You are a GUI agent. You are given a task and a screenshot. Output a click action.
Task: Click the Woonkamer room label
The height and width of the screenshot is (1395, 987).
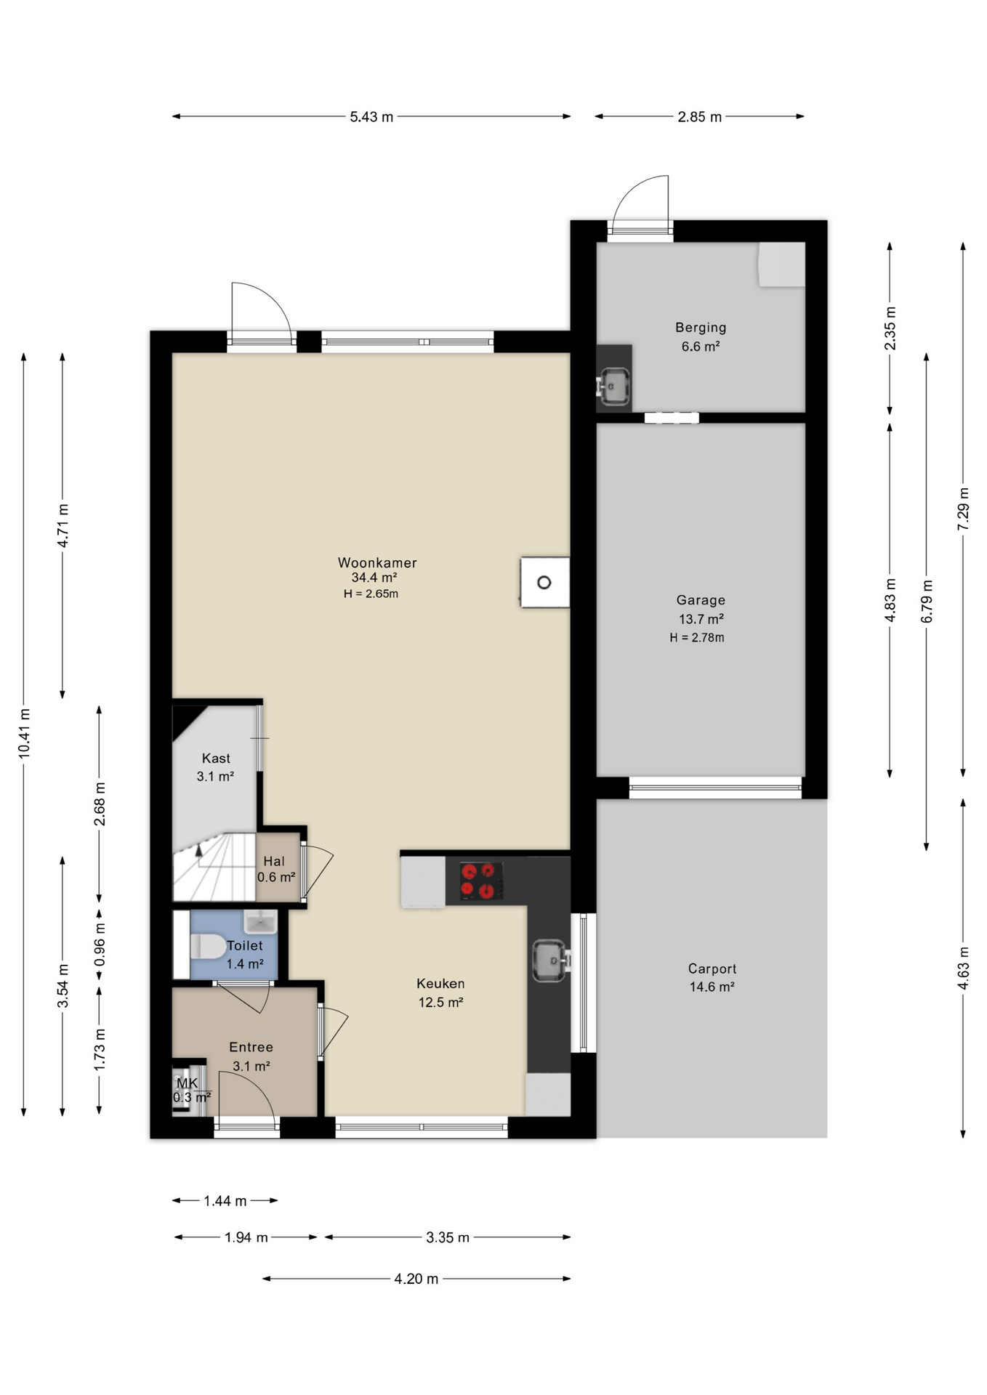[377, 562]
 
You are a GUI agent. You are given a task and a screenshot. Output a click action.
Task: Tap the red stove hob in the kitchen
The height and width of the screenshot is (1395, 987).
[481, 881]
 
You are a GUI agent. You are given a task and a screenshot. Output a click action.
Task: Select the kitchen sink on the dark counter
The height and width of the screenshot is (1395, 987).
[550, 961]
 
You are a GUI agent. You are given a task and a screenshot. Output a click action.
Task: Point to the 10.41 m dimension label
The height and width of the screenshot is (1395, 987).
[25, 734]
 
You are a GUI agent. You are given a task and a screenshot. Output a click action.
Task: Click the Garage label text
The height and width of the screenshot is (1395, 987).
[701, 600]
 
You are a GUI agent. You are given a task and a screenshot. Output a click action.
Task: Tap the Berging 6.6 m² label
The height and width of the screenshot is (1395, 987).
[701, 337]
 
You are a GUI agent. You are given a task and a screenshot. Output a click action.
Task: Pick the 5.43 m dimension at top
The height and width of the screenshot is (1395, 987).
[371, 117]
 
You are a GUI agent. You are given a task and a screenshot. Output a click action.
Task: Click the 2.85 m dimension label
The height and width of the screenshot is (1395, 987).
[700, 117]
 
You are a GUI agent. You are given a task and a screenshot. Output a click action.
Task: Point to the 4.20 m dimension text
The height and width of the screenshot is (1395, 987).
[416, 1279]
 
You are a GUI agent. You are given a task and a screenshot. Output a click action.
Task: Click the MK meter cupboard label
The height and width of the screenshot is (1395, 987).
[188, 1083]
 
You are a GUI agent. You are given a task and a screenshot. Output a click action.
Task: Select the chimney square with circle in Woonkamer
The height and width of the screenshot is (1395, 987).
[544, 582]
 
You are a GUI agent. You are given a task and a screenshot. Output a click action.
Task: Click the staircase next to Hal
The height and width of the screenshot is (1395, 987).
[214, 868]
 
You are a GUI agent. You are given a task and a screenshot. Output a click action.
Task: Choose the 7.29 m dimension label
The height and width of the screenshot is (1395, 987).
[964, 509]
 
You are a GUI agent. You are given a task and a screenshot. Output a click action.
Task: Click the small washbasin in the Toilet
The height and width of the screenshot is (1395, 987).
[259, 921]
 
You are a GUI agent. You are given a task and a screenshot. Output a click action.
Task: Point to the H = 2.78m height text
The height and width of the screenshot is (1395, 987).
[697, 638]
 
